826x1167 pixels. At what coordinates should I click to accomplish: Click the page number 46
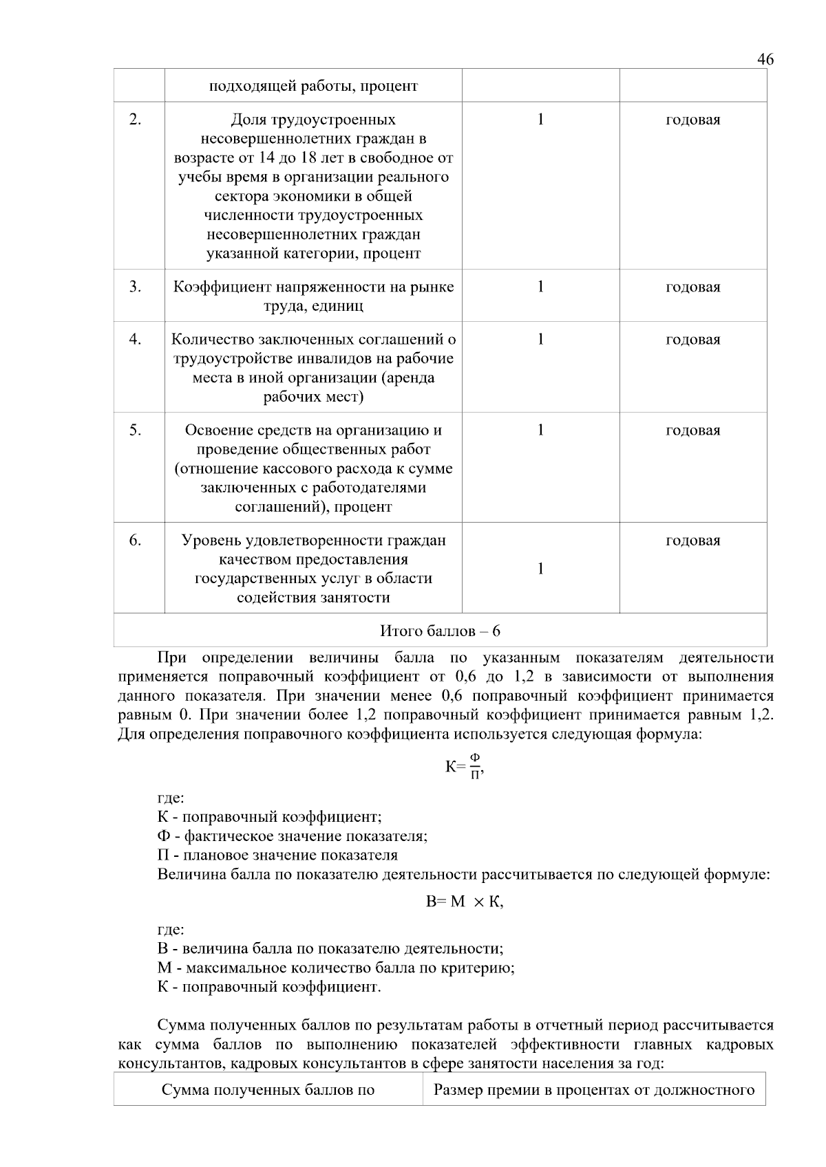(765, 59)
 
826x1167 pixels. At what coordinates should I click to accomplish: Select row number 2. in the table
(136, 120)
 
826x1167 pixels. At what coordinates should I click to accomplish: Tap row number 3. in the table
(136, 287)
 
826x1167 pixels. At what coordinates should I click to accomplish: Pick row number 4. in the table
(136, 339)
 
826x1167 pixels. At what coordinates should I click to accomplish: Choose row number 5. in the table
(136, 430)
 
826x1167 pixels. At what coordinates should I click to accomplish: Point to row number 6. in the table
(136, 540)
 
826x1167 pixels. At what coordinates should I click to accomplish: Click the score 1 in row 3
(540, 287)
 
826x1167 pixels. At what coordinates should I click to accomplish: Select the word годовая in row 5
(692, 430)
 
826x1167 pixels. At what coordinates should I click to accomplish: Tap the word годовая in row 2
(692, 120)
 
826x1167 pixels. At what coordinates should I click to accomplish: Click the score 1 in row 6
(540, 569)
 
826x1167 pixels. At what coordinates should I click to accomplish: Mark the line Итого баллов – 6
(440, 631)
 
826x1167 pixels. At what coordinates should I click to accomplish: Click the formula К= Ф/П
(465, 766)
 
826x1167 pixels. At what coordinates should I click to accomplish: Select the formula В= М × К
(465, 902)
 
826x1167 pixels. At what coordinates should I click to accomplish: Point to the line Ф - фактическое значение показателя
(293, 836)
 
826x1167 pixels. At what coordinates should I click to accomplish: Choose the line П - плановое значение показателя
(277, 855)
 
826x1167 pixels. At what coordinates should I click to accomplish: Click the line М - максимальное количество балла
(336, 968)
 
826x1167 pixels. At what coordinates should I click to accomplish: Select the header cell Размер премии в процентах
(593, 1090)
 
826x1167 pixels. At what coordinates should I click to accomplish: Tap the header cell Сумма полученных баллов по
(268, 1090)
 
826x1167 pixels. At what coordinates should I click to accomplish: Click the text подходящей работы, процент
(313, 87)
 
